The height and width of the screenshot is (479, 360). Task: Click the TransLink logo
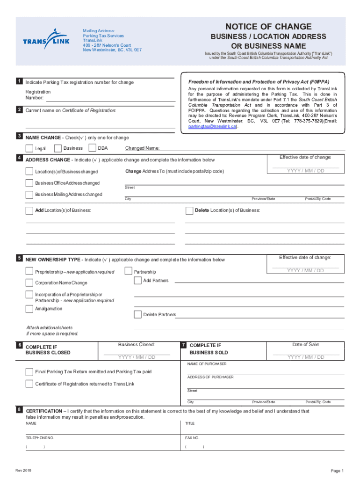[x=46, y=39]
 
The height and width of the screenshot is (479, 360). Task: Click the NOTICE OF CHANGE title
[x=268, y=27]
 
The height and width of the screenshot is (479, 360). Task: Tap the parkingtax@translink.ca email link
[x=213, y=126]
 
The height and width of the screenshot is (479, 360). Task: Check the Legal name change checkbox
[x=30, y=149]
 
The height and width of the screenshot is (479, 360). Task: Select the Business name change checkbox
[x=58, y=148]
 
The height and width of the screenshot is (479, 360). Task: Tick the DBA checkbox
[x=93, y=148]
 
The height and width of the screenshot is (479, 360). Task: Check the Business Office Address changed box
[x=30, y=183]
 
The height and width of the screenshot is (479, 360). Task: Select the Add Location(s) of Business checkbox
[x=30, y=210]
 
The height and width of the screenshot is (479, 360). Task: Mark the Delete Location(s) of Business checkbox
[x=190, y=210]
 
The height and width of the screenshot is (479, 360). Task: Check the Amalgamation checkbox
[x=30, y=309]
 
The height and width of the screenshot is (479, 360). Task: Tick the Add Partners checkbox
[x=138, y=281]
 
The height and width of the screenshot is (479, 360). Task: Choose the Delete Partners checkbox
[x=138, y=314]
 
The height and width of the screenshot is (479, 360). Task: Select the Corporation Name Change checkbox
[x=30, y=283]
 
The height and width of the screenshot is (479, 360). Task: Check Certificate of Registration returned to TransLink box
[x=30, y=384]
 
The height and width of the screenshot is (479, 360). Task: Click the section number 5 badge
[x=19, y=258]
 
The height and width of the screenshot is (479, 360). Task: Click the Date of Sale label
[x=305, y=345]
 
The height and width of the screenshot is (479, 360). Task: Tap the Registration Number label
[x=38, y=95]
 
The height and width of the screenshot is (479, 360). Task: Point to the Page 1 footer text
[x=337, y=471]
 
